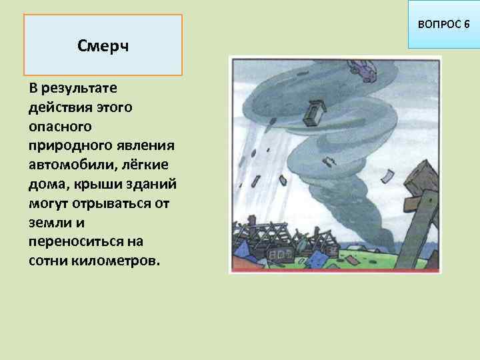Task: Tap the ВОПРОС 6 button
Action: pos(443,25)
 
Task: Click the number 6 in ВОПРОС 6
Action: pos(467,25)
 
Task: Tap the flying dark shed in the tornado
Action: pos(312,115)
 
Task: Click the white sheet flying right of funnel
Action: pos(389,176)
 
